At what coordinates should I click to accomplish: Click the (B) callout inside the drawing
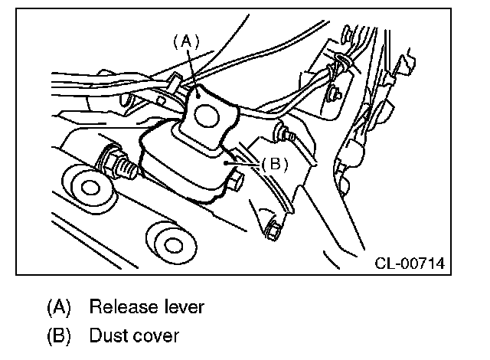[274, 163]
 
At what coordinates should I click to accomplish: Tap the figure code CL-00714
[410, 264]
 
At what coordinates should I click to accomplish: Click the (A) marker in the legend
[58, 307]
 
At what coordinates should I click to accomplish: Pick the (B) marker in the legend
[58, 335]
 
